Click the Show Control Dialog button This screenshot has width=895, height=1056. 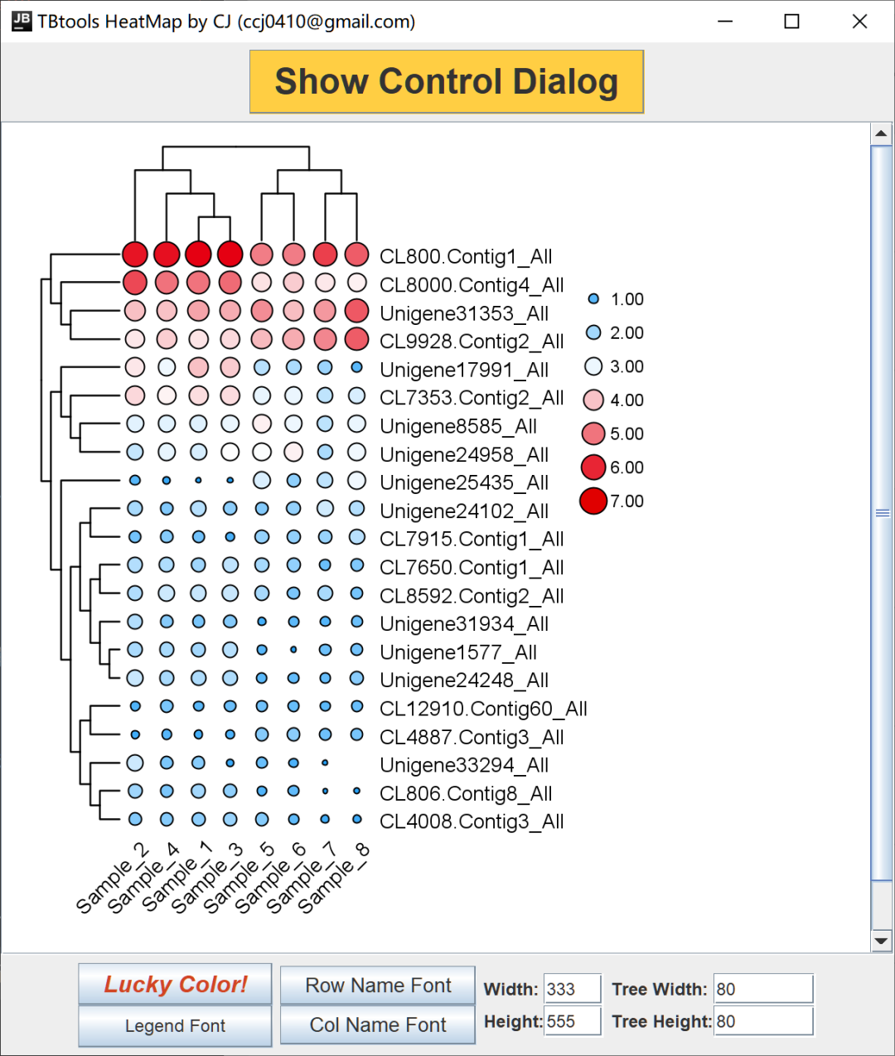point(446,81)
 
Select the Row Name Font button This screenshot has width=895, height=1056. point(378,985)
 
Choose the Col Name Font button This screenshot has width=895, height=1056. point(378,1025)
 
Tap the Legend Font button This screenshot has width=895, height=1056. point(175,1025)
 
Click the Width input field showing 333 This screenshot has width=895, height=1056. point(572,989)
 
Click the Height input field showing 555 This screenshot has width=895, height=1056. point(572,1021)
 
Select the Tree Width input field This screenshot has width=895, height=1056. point(762,989)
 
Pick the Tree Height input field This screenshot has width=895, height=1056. point(762,1021)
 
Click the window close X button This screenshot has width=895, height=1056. point(859,22)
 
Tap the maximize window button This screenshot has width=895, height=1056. point(791,22)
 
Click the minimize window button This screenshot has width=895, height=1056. point(725,22)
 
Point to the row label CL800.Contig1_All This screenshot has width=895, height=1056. point(466,256)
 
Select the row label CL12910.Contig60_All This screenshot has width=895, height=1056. point(483,709)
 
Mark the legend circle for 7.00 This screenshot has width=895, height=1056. point(593,501)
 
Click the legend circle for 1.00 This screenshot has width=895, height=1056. point(593,298)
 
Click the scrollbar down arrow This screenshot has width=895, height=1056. point(881,941)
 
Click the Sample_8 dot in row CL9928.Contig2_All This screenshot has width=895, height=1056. point(357,339)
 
